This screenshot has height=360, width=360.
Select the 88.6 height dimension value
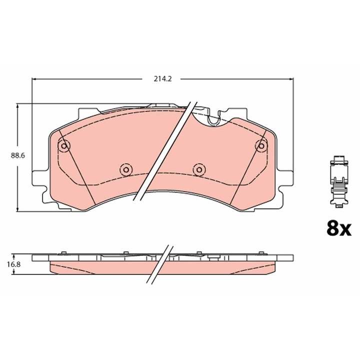[18, 155]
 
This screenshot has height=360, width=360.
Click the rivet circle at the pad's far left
[64, 146]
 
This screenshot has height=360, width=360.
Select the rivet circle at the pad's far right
[260, 146]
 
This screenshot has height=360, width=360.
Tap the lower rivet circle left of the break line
[125, 170]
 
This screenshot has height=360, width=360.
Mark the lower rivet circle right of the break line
[199, 170]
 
